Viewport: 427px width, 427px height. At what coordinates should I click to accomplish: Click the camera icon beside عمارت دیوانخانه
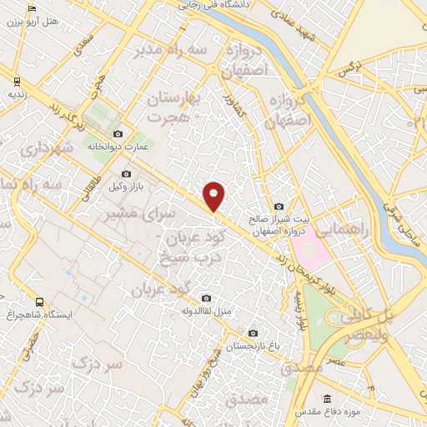click(x=118, y=134)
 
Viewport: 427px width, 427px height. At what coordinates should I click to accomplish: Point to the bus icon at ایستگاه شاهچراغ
click(x=39, y=302)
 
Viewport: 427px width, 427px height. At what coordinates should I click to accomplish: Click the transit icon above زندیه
click(x=16, y=81)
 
